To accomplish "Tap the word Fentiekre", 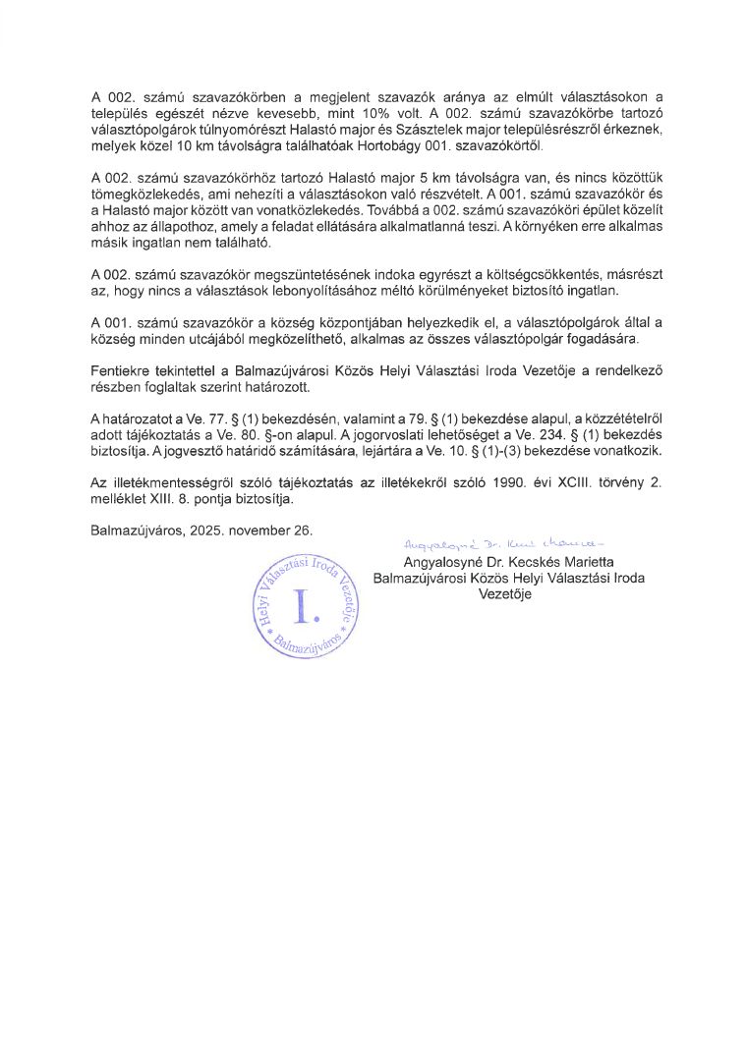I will tap(122, 370).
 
